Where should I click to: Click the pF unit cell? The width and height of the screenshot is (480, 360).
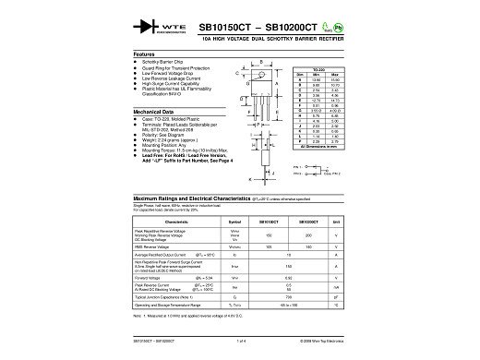click(x=335, y=296)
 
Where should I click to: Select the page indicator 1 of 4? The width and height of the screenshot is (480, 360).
click(x=240, y=340)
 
